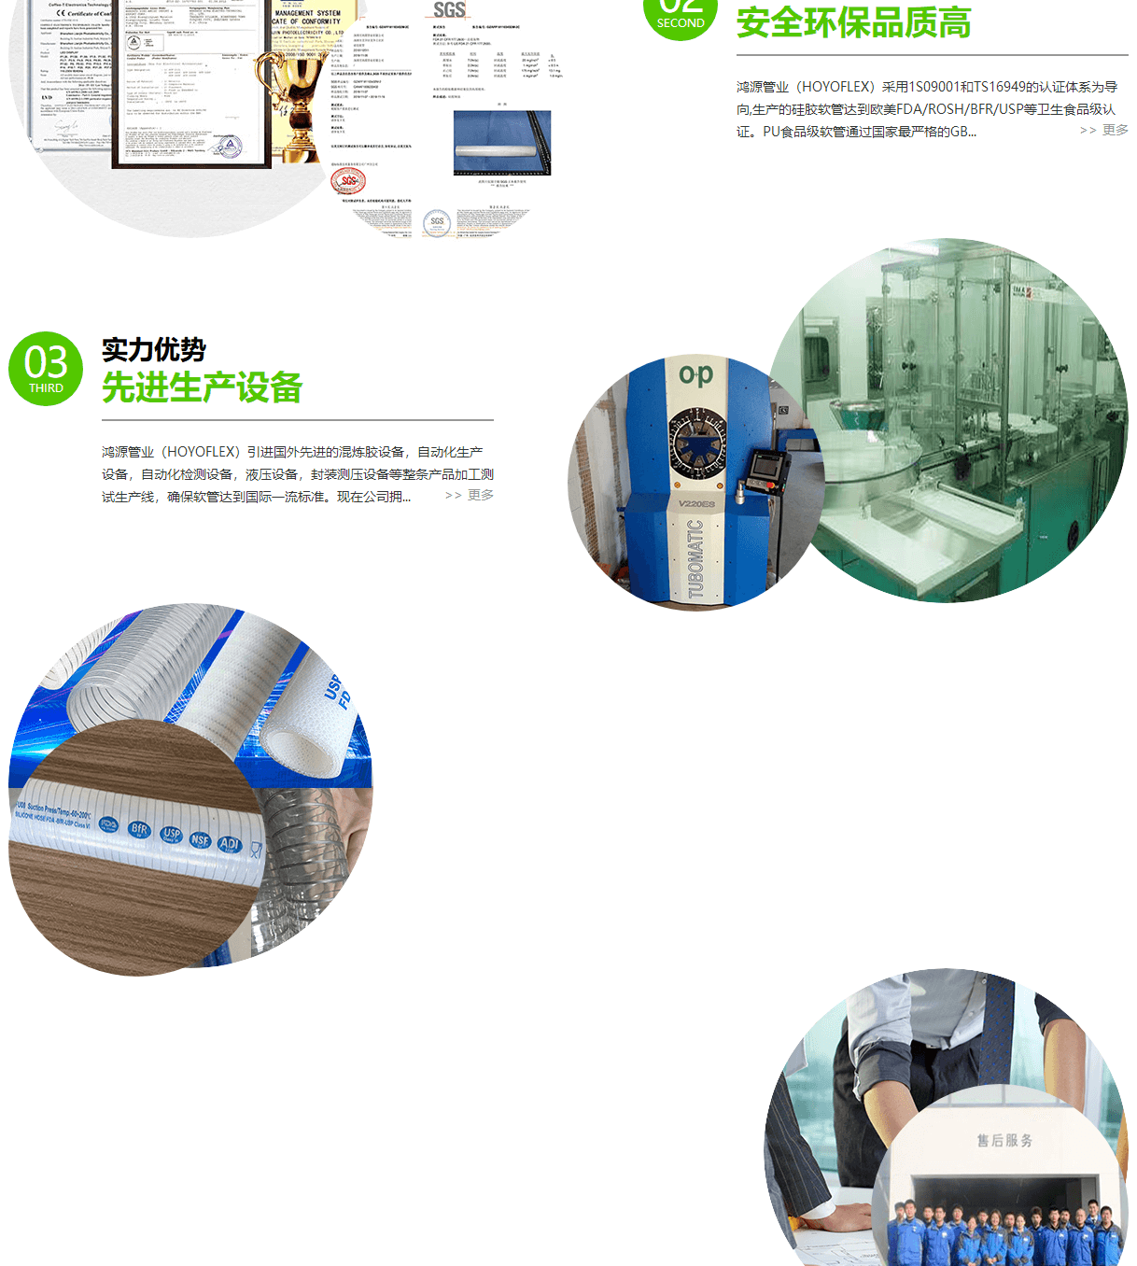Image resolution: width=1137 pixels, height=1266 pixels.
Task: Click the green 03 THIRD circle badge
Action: click(46, 369)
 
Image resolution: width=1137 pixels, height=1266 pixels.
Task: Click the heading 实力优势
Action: click(154, 350)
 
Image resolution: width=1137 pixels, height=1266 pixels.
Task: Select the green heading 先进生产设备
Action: click(203, 387)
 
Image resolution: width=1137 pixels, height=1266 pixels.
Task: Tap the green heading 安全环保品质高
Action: click(853, 22)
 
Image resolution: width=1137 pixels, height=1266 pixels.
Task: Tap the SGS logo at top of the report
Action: click(449, 10)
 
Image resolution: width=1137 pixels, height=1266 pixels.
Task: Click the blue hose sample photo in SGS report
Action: click(501, 143)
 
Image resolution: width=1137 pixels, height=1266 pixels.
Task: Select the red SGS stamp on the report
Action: click(348, 180)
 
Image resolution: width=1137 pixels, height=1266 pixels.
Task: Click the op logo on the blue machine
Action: click(695, 375)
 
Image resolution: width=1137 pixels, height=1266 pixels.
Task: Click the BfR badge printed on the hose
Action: click(139, 828)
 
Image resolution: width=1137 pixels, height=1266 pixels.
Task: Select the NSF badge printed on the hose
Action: click(200, 839)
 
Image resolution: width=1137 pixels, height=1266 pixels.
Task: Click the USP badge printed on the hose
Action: click(171, 834)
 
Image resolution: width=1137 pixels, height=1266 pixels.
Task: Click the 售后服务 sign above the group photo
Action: click(1004, 1140)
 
